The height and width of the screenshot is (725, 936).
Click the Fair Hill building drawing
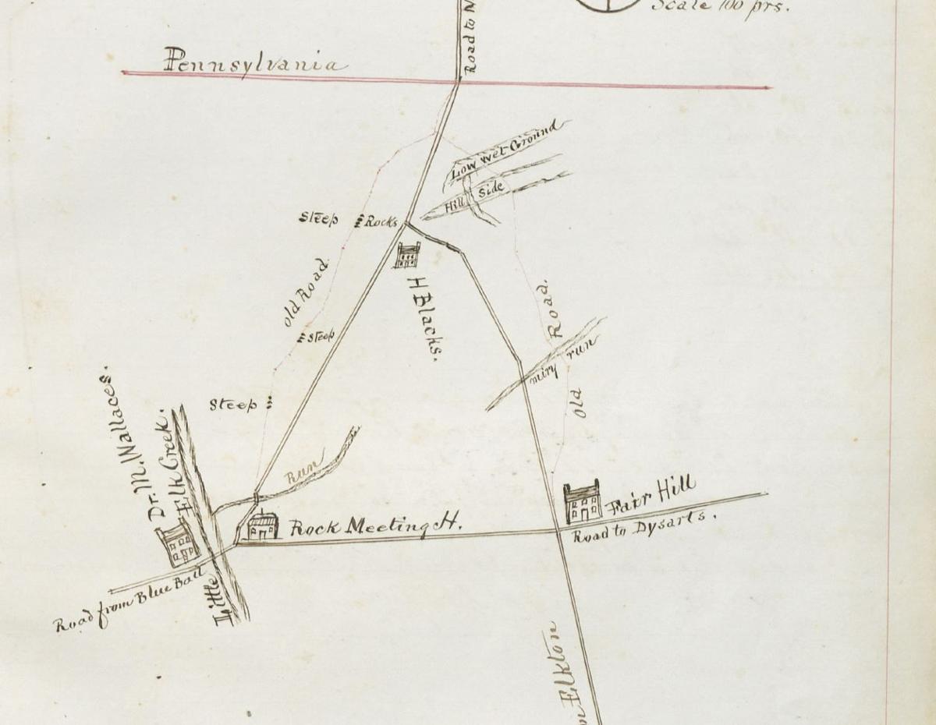[x=583, y=503]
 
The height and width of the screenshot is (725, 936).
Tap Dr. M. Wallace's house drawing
[x=177, y=544]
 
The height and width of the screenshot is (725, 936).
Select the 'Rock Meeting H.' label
[x=374, y=527]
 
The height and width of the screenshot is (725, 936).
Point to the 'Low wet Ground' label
[x=506, y=149]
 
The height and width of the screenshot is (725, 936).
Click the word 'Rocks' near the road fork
[x=381, y=221]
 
